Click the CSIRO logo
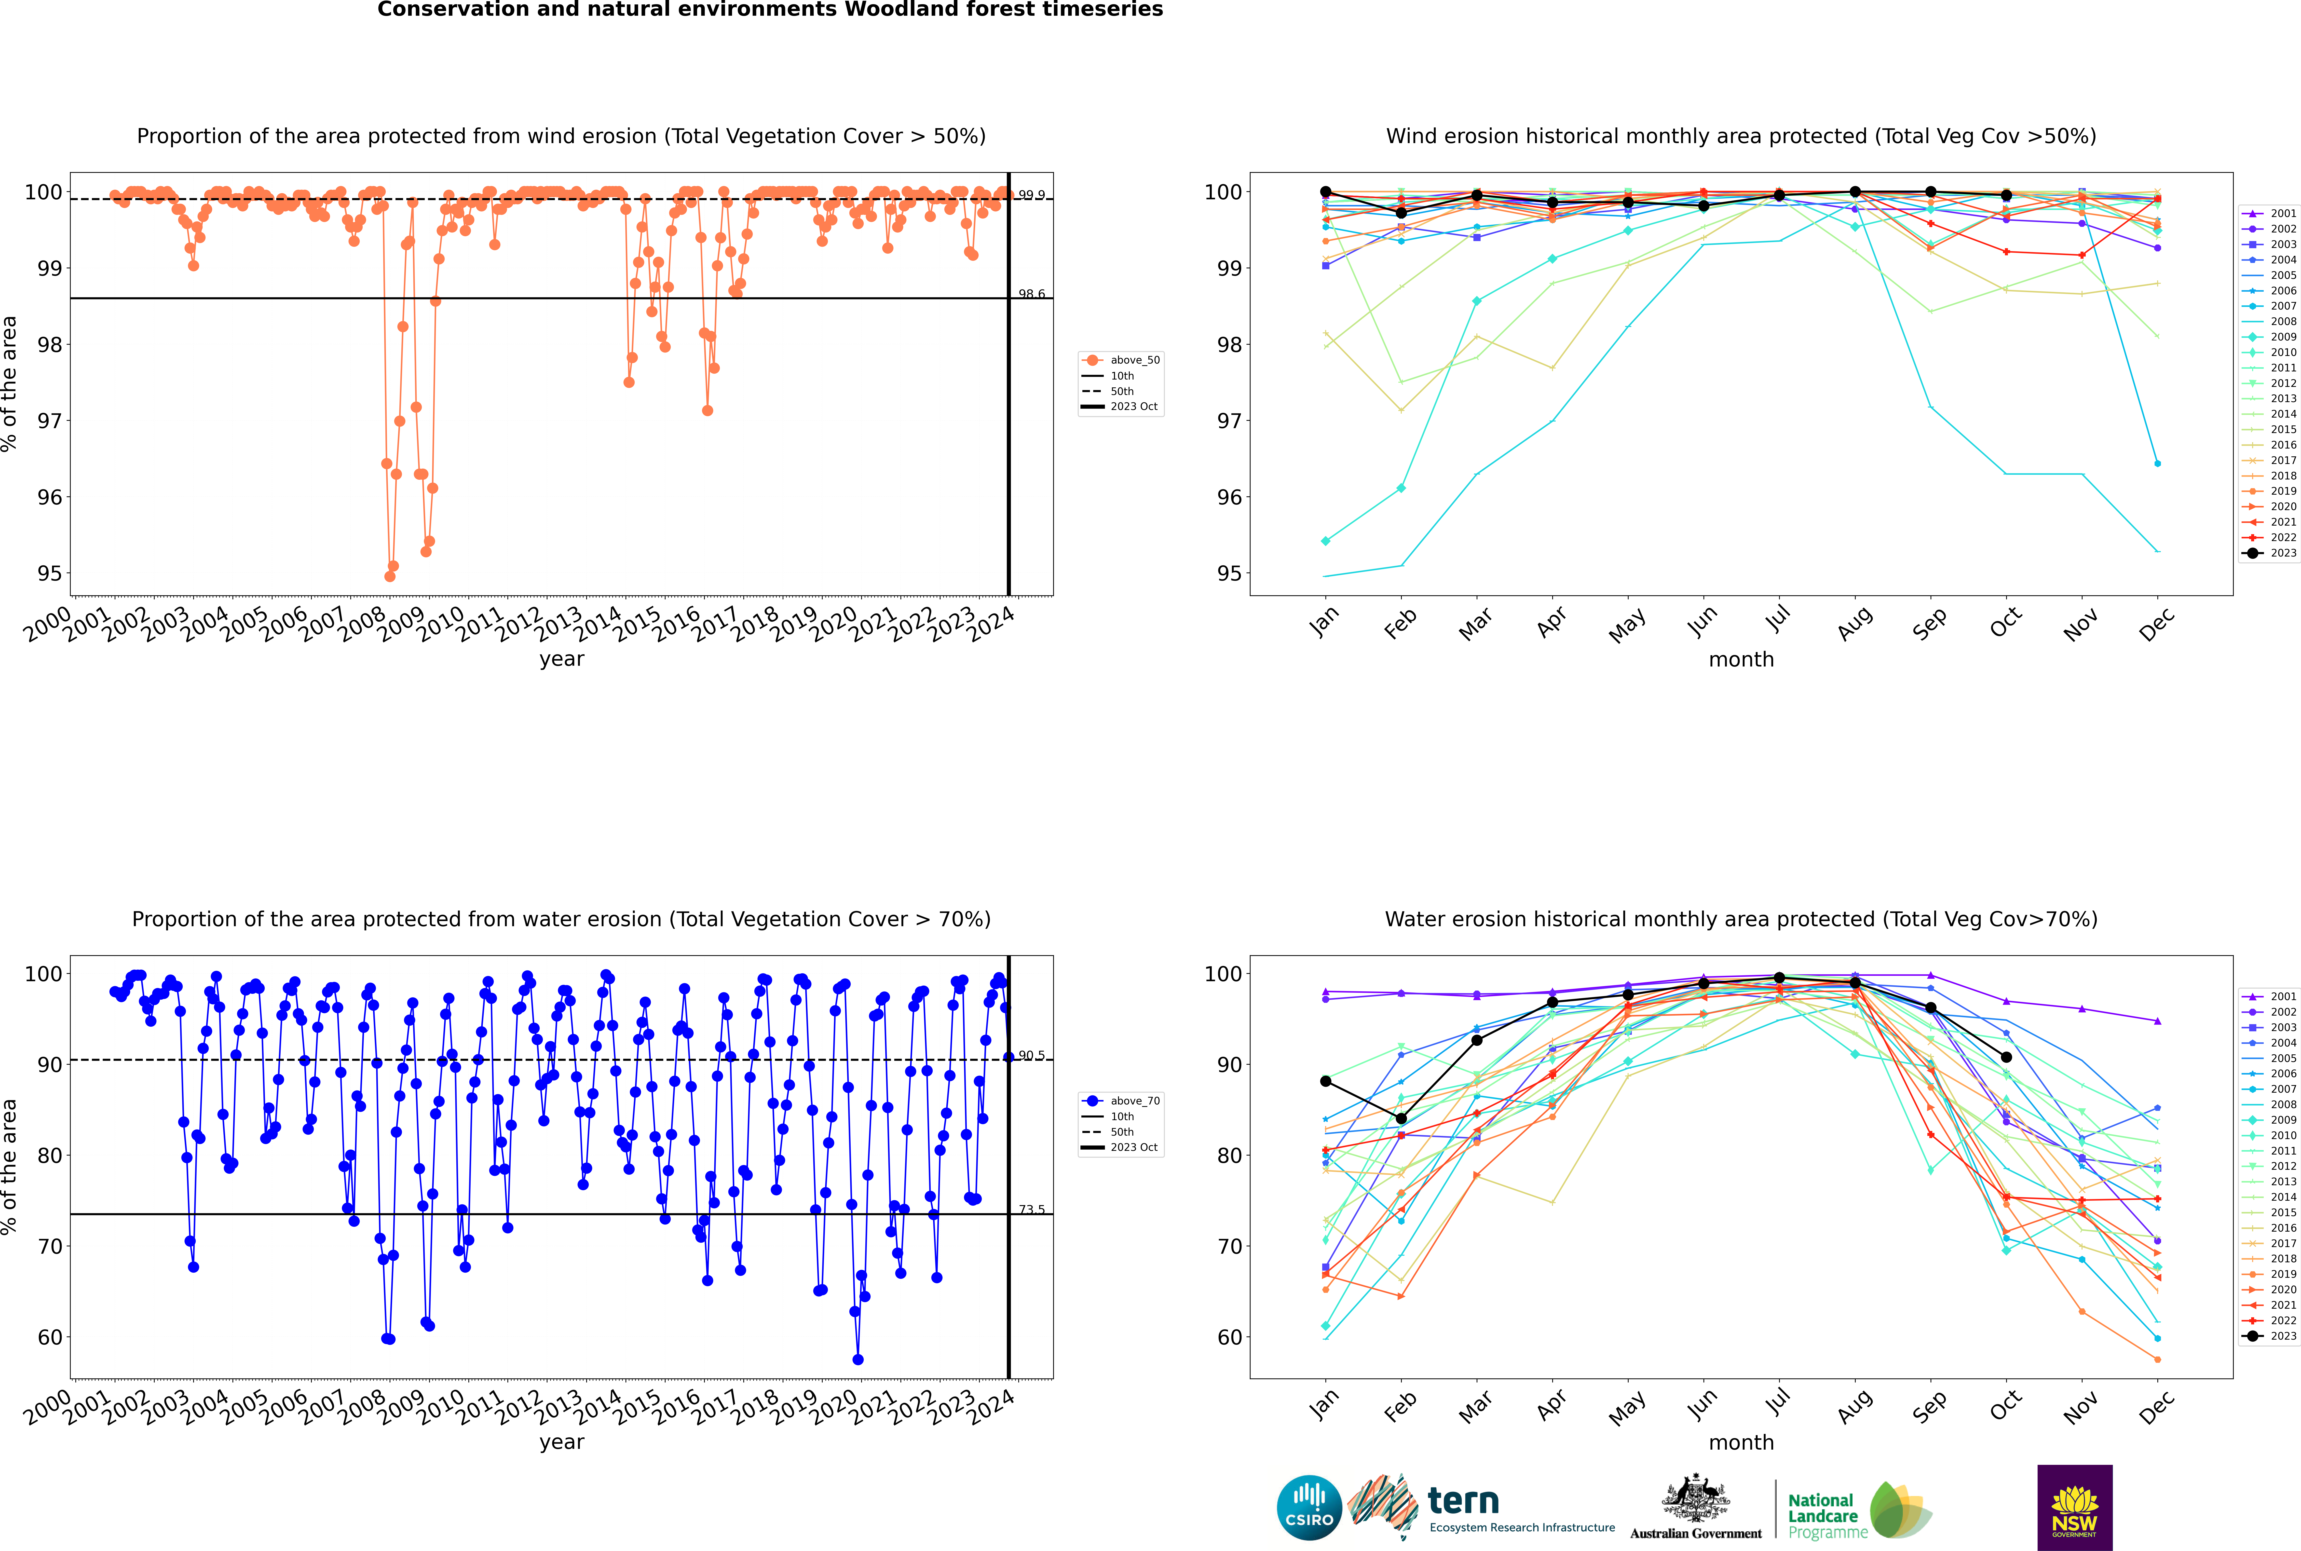click(x=1309, y=1508)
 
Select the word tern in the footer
click(x=1463, y=1502)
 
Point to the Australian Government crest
click(x=1696, y=1498)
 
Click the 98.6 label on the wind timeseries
click(x=1032, y=294)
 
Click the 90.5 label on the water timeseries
click(x=1032, y=1055)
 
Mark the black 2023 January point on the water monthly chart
click(x=1326, y=1081)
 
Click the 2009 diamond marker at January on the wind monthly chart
click(x=1326, y=541)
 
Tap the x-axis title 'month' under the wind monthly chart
click(x=1741, y=660)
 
